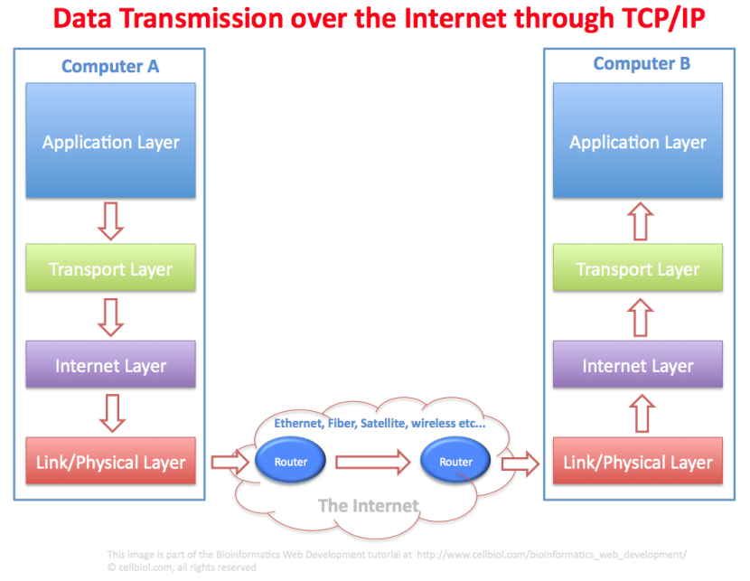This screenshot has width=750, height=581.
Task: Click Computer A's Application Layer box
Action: tap(110, 141)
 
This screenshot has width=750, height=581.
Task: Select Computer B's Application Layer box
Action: tap(638, 141)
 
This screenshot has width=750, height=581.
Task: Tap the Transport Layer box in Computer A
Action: tap(110, 268)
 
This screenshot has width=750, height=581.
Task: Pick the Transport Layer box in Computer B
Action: tap(638, 268)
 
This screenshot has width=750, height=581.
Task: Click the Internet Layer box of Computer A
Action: tap(110, 365)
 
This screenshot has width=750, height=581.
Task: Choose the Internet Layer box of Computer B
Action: tap(638, 365)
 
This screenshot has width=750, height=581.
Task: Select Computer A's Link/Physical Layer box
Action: tap(110, 462)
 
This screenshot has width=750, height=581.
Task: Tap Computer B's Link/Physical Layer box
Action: tap(638, 462)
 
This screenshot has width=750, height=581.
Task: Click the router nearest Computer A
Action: tap(291, 462)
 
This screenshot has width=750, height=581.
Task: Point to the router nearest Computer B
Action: tap(455, 462)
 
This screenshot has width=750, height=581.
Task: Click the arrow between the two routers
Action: tap(372, 463)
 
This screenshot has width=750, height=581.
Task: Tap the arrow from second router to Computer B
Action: tap(520, 463)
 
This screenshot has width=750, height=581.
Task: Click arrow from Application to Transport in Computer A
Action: tap(110, 221)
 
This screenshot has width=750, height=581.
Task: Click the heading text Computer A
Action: tap(109, 66)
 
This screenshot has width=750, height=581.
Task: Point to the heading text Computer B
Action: tap(642, 63)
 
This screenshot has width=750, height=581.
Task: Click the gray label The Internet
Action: tap(369, 505)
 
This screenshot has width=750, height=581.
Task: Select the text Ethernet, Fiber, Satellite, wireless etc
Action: tap(380, 423)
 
